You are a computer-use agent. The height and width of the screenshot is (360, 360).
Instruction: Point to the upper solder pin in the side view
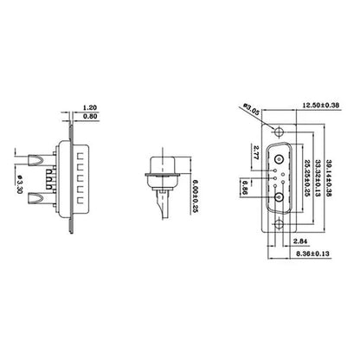click(x=37, y=160)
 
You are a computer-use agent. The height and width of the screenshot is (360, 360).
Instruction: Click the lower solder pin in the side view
click(x=37, y=201)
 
